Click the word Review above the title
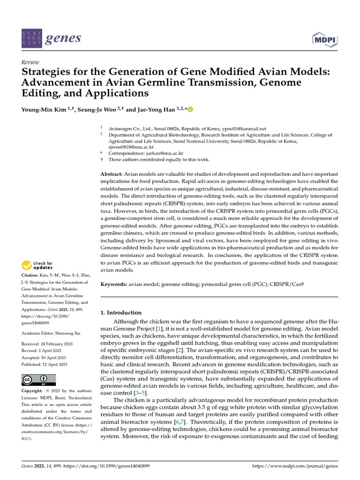pos(30,62)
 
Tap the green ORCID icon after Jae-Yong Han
pos(190,110)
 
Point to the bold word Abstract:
pos(112,174)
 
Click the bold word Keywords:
pos(114,284)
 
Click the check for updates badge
pos(38,265)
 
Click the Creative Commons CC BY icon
pos(39,380)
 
